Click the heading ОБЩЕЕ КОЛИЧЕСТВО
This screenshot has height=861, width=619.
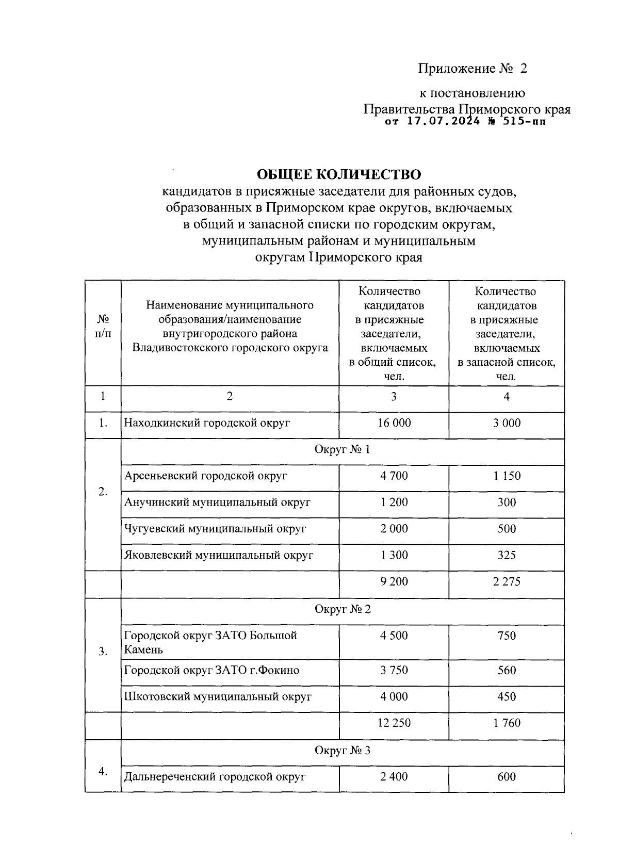[339, 174]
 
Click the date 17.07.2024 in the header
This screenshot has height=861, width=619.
[443, 122]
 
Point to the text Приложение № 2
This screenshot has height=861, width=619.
[473, 69]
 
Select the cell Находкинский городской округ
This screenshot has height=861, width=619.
[207, 423]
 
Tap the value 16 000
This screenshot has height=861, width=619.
[394, 423]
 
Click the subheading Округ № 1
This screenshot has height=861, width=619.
[342, 449]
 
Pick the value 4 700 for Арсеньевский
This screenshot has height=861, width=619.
[394, 476]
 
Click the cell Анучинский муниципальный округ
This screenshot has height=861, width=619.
[217, 502]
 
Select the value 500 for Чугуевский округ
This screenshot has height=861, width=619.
[507, 529]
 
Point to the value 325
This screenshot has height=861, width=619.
[507, 555]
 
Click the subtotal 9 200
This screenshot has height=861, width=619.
[394, 581]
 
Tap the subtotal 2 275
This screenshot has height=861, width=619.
[507, 581]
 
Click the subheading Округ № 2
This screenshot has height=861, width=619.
[342, 609]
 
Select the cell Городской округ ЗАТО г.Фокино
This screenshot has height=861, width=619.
[212, 670]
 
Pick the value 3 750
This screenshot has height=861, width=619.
[394, 670]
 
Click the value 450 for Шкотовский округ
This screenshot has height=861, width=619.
[507, 696]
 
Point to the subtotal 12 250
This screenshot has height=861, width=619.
[394, 723]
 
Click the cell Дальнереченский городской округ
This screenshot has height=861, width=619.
[215, 776]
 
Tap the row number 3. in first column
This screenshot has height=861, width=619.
[103, 652]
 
